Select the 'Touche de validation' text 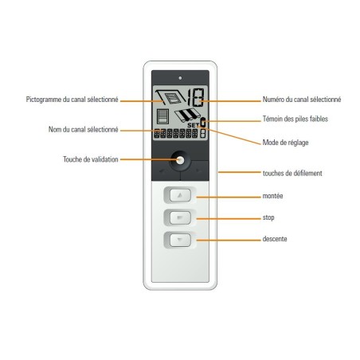[90, 159]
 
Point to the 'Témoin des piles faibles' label [296, 119]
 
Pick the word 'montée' [273, 195]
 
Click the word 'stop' [269, 217]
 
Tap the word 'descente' [275, 238]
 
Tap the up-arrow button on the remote [179, 195]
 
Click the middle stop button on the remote [179, 217]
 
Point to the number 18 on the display [190, 100]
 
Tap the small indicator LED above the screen [180, 78]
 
